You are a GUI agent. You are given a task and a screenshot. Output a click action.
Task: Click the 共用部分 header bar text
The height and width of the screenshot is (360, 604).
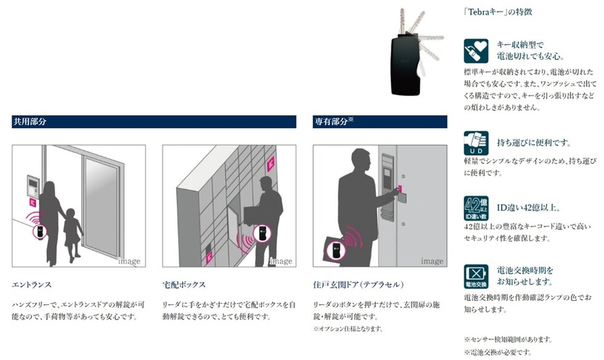(x=30, y=122)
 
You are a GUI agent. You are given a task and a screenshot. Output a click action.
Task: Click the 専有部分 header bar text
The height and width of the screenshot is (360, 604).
(x=333, y=122)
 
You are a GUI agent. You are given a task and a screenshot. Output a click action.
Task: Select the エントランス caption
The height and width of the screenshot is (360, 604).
(x=31, y=285)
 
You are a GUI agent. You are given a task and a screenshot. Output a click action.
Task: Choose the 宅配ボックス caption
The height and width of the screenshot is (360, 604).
(x=184, y=285)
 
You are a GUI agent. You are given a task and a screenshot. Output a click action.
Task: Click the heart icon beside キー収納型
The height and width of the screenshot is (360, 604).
(x=476, y=51)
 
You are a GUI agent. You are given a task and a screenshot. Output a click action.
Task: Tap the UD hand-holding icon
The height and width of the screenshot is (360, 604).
(x=476, y=143)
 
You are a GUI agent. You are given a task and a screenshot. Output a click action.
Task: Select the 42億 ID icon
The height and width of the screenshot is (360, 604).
(x=476, y=209)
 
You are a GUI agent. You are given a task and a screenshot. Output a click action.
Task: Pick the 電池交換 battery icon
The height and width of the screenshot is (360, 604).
(x=476, y=276)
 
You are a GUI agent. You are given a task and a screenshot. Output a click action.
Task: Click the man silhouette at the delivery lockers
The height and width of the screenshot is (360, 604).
(x=266, y=210)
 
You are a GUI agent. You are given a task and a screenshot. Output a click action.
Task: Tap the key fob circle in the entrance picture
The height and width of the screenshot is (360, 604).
(x=38, y=232)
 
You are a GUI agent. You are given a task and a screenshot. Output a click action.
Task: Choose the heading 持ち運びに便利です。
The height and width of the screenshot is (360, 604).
(x=533, y=143)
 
